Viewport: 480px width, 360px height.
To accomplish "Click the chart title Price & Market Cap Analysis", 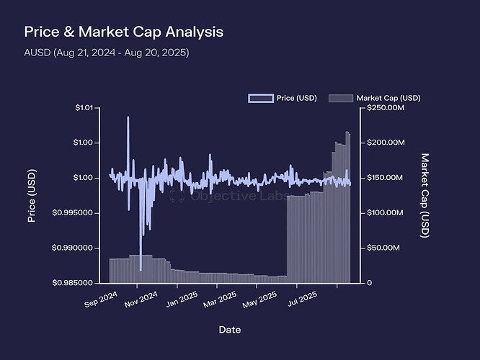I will tap(124, 32).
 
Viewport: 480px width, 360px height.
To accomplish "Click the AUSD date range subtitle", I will tap(107, 53).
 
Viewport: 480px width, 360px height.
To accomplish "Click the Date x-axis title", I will tap(230, 329).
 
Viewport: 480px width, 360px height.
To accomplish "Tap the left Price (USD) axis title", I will tap(32, 195).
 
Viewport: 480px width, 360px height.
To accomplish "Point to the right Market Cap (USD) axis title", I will tap(425, 195).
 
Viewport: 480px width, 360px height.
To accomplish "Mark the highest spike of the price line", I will tap(128, 117).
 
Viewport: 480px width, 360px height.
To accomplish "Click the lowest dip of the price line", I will tap(141, 270).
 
